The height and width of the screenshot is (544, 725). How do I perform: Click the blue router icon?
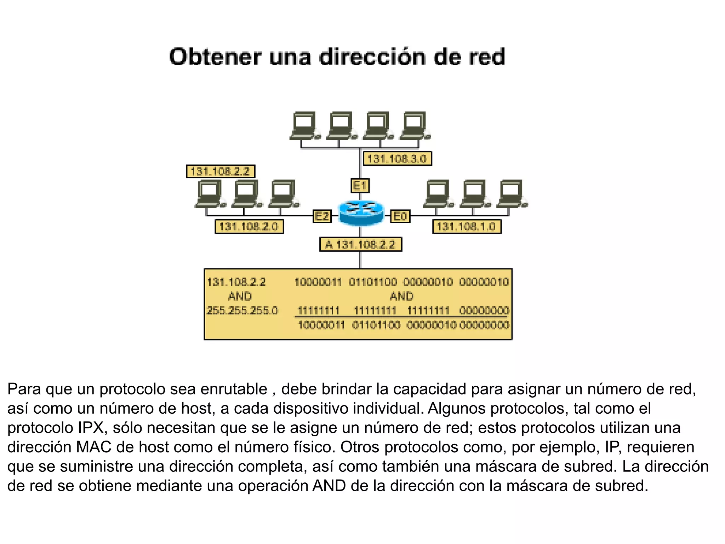361,212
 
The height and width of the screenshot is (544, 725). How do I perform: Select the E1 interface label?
360,186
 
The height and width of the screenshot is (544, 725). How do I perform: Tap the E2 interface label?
322,216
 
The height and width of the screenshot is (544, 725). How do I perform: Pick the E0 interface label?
400,216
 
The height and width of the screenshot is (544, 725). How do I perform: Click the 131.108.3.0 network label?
397,159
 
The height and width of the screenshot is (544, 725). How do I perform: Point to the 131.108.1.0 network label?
467,226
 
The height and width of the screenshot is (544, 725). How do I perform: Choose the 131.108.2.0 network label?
249,226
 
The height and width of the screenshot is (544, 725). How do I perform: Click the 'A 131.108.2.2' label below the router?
361,244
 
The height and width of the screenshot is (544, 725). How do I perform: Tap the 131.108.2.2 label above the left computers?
220,171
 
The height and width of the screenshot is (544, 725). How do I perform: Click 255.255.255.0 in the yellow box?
242,311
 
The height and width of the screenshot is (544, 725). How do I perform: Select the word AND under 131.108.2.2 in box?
240,296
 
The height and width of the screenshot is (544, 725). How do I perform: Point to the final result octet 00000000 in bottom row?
484,325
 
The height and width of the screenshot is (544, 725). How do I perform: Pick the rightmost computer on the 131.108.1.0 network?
512,194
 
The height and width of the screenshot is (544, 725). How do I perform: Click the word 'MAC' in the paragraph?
93,447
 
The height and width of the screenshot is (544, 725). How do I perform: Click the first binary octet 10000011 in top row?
318,282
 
